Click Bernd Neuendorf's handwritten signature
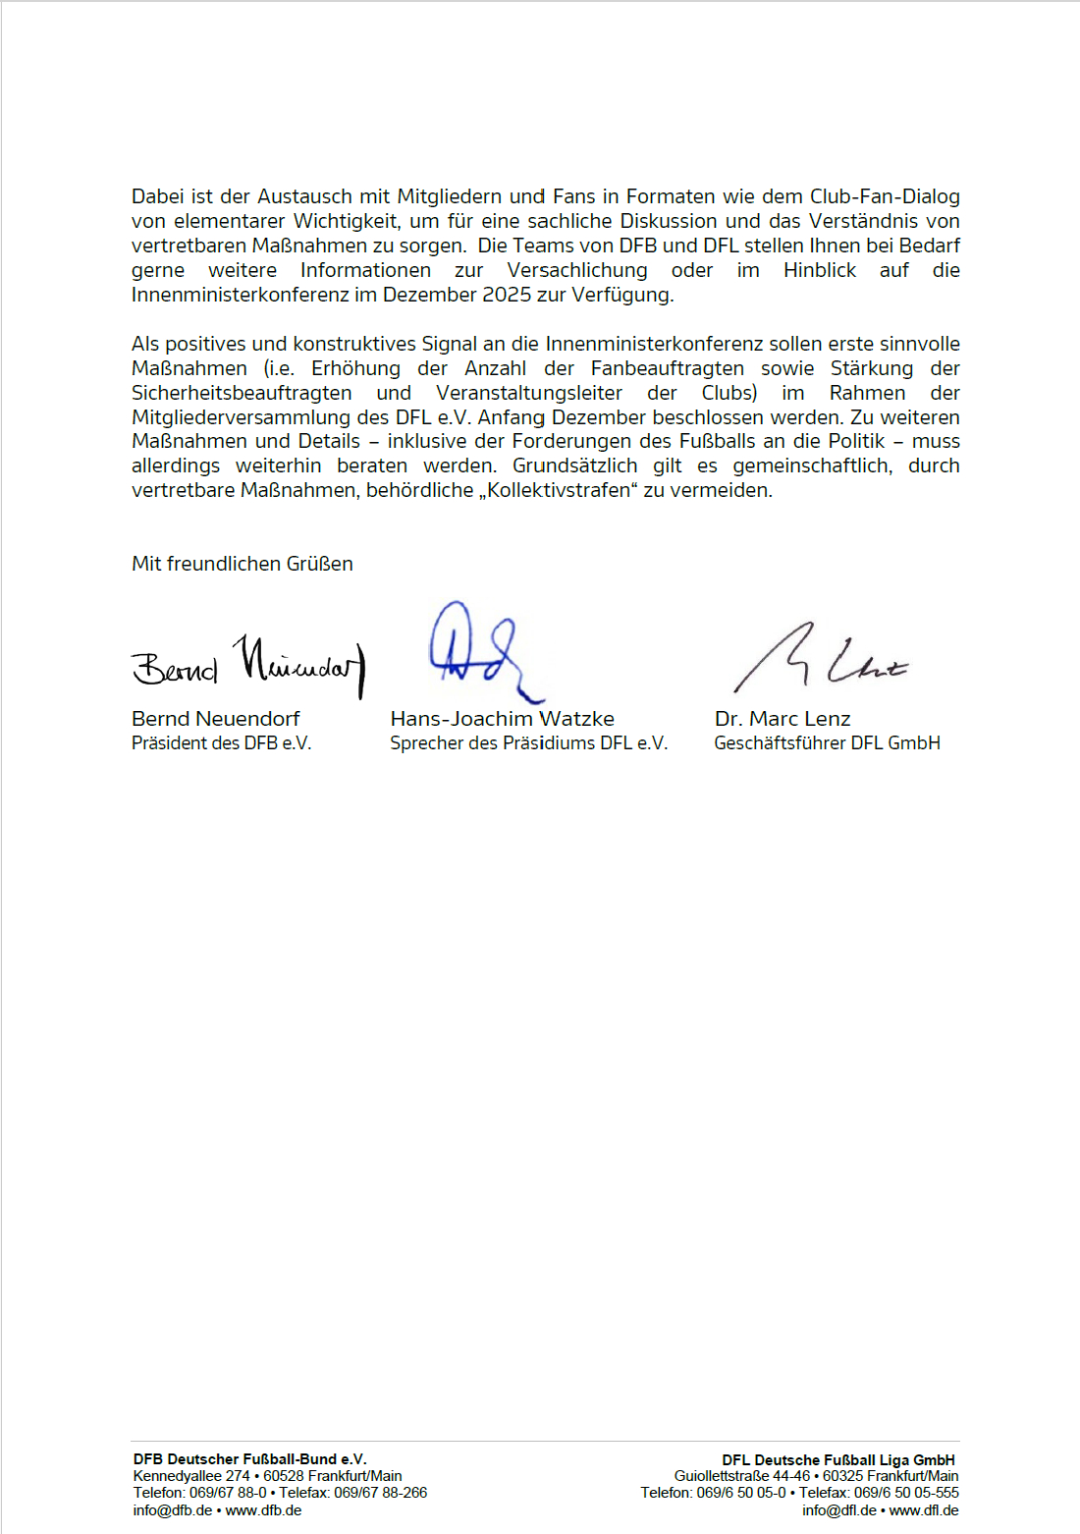point(247,665)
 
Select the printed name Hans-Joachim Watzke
point(502,719)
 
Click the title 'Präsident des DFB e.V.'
point(221,743)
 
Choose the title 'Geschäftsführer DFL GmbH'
point(827,743)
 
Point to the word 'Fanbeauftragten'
point(668,368)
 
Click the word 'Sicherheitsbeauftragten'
point(242,393)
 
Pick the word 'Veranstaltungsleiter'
point(529,393)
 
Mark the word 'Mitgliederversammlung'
point(241,417)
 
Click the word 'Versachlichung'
point(577,270)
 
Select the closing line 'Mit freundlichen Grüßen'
point(243,564)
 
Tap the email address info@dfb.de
point(173,1510)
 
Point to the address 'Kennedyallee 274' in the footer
point(191,1476)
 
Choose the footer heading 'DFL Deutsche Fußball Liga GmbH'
point(838,1460)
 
